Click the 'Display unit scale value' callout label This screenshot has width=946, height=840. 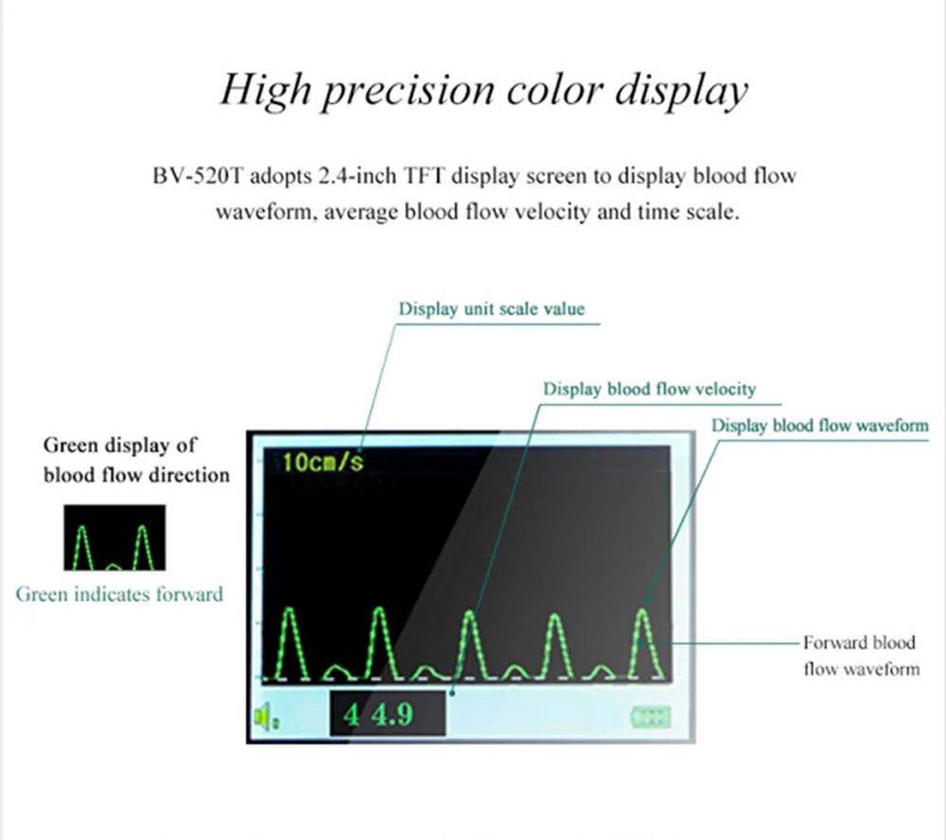491,308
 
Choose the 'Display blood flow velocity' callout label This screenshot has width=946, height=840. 649,389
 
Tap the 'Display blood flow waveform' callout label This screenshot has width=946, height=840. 819,426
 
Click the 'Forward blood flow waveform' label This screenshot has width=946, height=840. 860,656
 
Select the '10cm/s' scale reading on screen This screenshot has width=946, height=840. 323,463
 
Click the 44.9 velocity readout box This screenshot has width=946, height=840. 386,714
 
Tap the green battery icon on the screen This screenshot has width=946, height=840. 652,717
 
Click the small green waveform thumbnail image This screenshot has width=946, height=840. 114,538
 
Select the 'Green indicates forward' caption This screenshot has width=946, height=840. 119,594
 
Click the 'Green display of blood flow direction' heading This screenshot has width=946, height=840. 136,459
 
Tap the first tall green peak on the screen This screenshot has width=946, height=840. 291,643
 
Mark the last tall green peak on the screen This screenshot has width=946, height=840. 643,643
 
